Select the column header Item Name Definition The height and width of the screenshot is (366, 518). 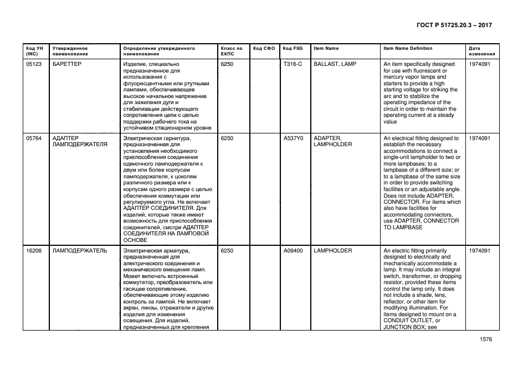408,49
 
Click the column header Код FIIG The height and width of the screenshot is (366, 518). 292,49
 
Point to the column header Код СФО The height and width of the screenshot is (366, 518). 264,49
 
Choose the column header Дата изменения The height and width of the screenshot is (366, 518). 478,51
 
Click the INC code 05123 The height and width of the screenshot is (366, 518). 34,64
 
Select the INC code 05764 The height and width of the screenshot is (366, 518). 34,138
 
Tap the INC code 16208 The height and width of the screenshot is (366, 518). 34,251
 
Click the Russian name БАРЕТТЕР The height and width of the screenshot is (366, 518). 66,64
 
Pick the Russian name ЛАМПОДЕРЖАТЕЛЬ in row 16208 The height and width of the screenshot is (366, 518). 79,251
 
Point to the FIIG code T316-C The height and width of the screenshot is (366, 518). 293,64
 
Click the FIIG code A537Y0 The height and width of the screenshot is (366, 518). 293,138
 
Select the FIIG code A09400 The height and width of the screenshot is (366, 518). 293,251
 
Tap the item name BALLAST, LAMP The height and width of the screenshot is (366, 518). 335,64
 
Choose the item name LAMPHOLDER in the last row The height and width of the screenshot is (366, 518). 332,251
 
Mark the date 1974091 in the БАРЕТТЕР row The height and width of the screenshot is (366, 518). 479,64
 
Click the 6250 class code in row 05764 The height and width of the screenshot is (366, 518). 227,138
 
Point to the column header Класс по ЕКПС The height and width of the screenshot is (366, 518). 231,51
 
